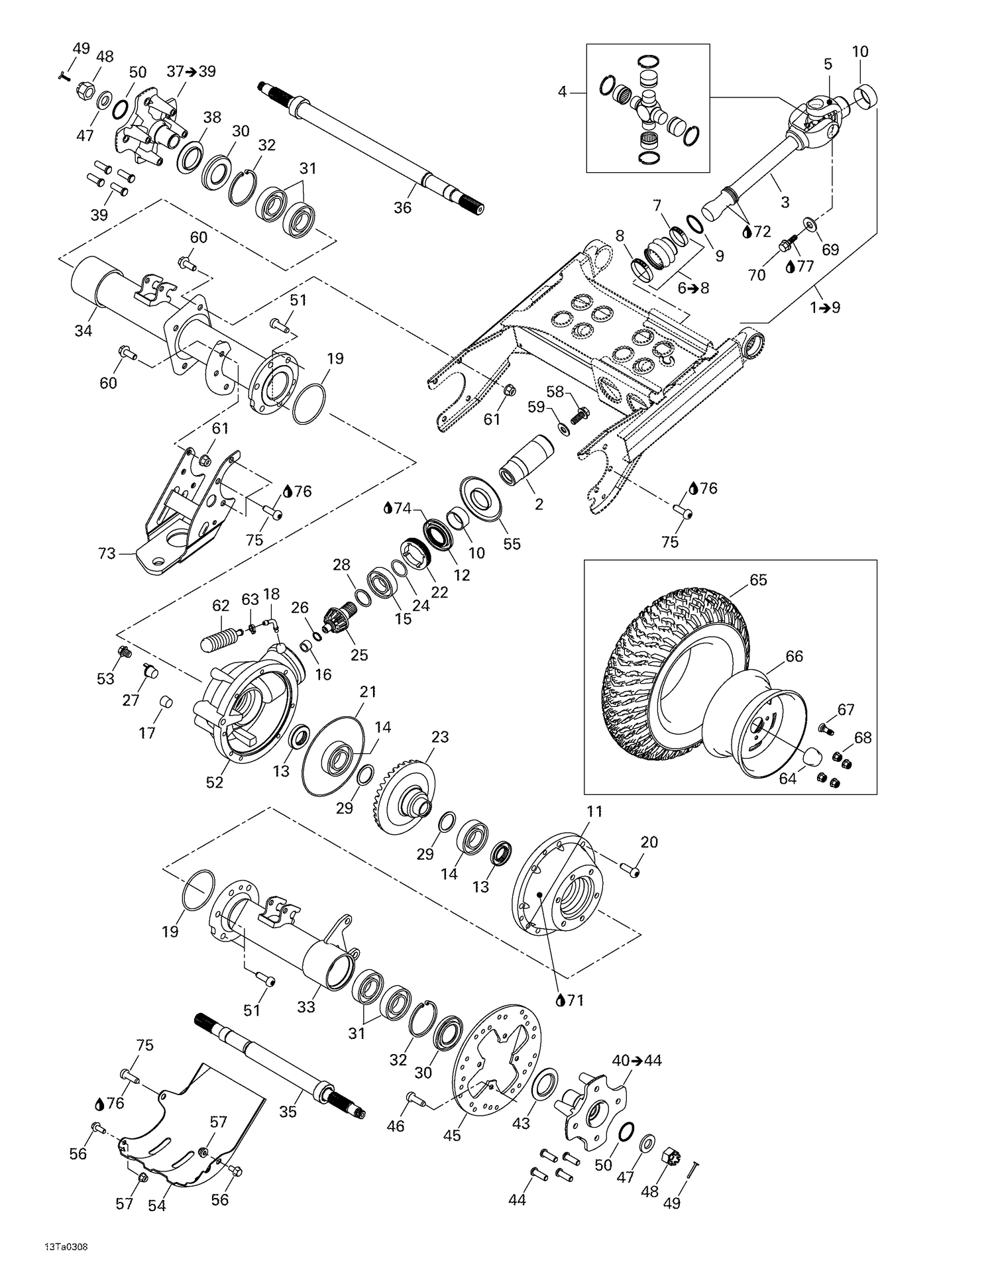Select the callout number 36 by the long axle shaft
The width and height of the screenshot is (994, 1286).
(402, 207)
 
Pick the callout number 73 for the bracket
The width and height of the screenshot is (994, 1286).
(107, 553)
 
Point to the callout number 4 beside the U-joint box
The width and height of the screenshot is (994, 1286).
(562, 91)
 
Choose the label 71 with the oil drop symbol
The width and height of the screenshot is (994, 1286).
(570, 1000)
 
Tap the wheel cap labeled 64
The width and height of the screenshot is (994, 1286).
(813, 755)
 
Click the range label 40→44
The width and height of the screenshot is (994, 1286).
(636, 1060)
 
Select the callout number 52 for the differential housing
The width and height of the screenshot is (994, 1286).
(214, 782)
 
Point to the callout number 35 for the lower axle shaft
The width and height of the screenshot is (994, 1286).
(288, 1111)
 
